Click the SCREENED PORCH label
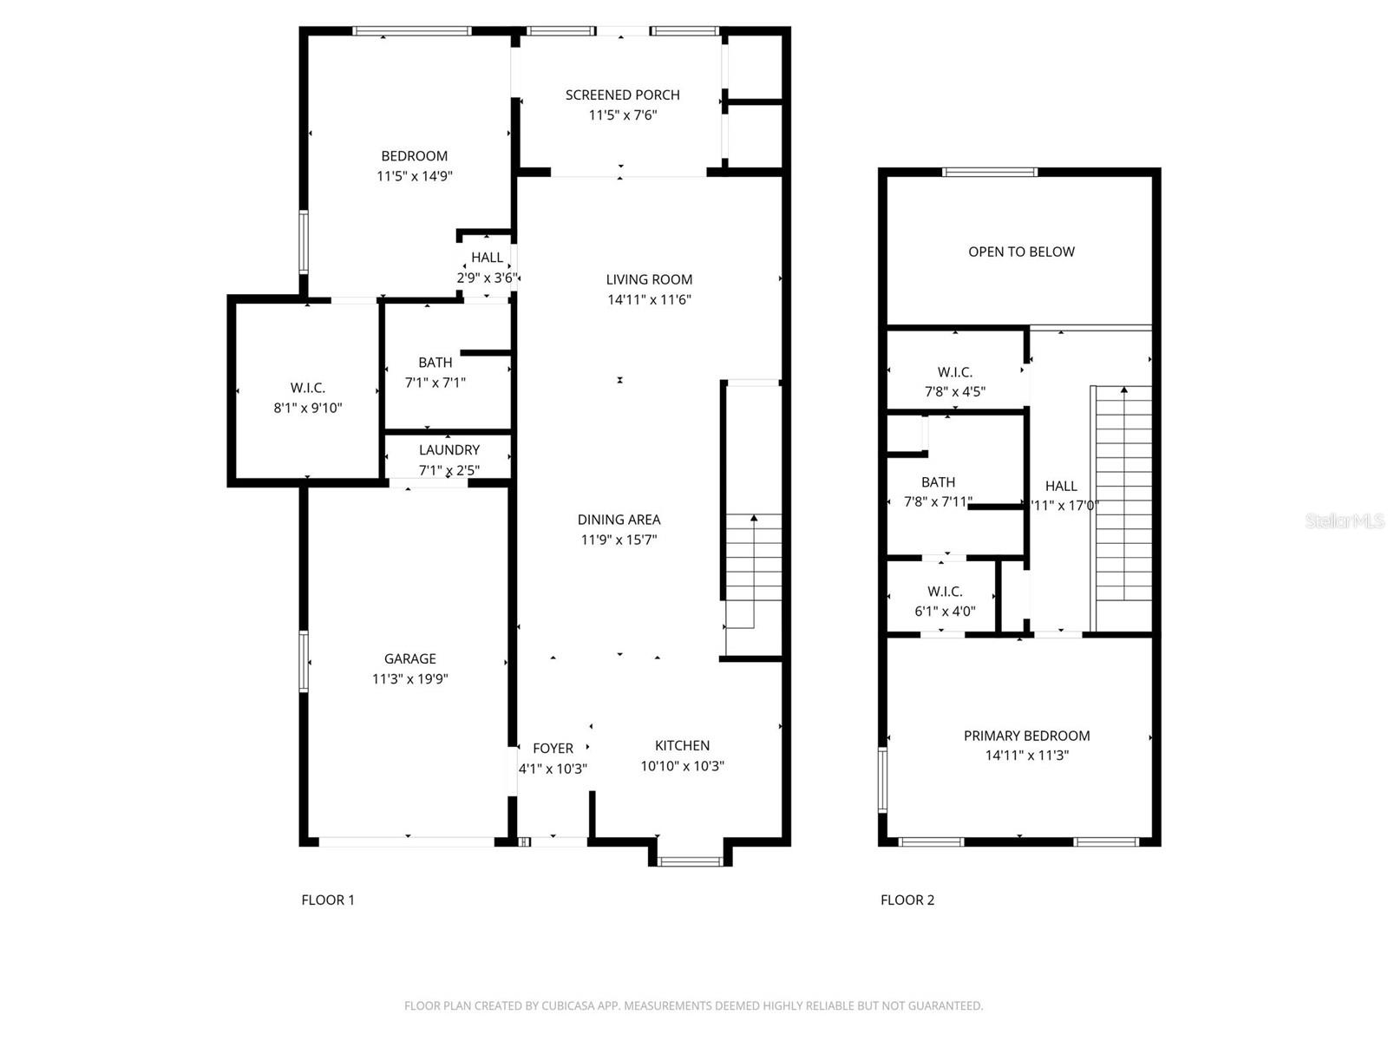coord(622,95)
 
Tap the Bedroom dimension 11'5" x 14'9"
coord(415,176)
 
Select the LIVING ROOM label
coord(649,279)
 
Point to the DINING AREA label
coord(619,520)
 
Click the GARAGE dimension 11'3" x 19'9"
coord(409,679)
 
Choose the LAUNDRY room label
coord(448,449)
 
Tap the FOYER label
coord(553,748)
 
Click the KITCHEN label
coord(682,745)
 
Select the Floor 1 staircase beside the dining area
coord(753,568)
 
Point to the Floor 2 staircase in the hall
coord(1123,507)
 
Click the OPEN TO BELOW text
coord(1021,252)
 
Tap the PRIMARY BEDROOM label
coord(1026,736)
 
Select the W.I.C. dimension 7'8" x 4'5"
coord(954,391)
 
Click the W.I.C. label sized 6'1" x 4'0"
coord(945,592)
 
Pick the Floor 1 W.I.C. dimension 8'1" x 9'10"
coord(308,408)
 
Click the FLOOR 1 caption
coord(328,900)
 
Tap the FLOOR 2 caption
coord(907,900)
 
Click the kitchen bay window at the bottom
coord(690,861)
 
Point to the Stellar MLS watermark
coord(1344,520)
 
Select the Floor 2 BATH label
coord(938,482)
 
